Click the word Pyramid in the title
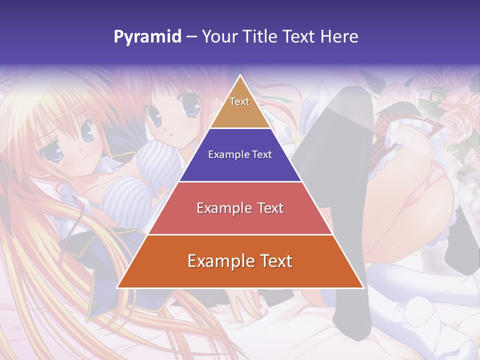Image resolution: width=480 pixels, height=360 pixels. pyautogui.click(x=147, y=37)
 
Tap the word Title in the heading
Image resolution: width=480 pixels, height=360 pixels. pyautogui.click(x=262, y=37)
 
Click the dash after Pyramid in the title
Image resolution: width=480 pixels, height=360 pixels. pyautogui.click(x=191, y=37)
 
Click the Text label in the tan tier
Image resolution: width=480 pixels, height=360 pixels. pyautogui.click(x=239, y=101)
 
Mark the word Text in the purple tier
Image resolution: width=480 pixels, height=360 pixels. pyautogui.click(x=262, y=155)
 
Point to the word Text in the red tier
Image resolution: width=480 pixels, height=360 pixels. pyautogui.click(x=270, y=208)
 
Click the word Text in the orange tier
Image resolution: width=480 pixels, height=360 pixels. pyautogui.click(x=274, y=261)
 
